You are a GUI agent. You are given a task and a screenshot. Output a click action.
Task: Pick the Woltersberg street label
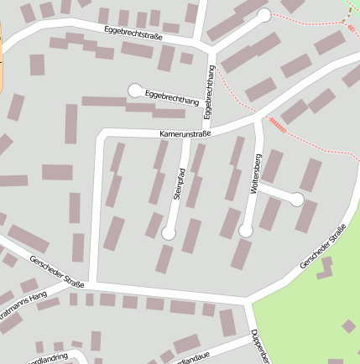click(258, 174)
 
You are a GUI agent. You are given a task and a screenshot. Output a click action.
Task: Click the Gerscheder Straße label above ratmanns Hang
click(55, 273)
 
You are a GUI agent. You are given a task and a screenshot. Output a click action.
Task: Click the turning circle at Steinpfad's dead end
click(169, 233)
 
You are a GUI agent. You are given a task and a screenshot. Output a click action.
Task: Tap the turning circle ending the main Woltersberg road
click(246, 230)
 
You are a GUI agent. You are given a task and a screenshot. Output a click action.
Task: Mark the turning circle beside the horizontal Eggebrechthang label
click(134, 90)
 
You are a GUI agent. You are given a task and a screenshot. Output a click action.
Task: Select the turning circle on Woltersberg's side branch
click(296, 200)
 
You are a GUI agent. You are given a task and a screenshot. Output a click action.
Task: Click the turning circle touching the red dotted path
click(264, 15)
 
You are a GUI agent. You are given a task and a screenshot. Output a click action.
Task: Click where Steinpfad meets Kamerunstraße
click(185, 138)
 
